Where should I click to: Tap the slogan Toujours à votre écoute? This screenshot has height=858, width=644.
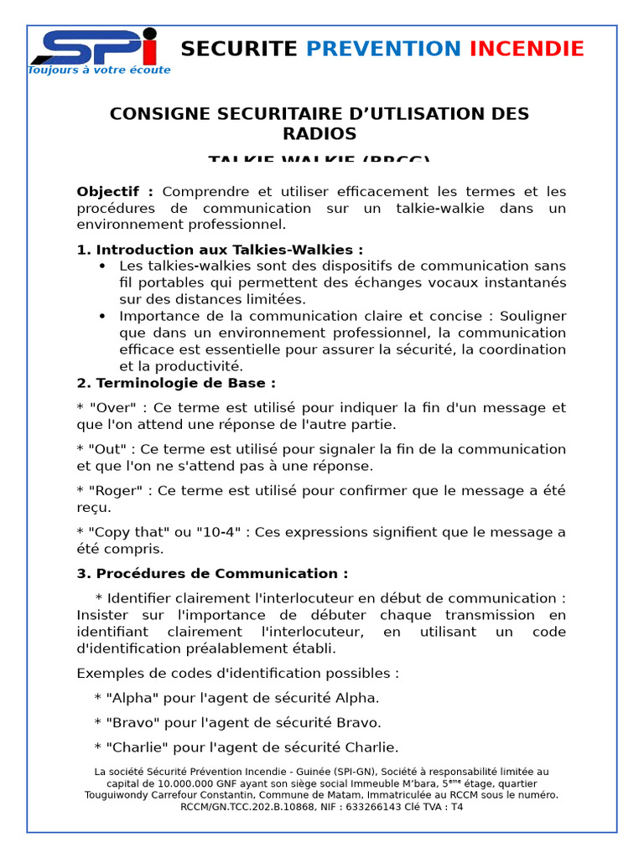pos(99,70)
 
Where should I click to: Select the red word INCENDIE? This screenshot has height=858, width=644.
pos(527,49)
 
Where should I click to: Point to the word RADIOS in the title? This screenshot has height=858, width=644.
pos(319,134)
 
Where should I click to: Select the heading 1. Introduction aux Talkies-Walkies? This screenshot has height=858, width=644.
pos(220,250)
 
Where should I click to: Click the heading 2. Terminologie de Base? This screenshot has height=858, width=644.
pos(176,383)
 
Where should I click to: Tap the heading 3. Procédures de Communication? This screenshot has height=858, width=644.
pos(212,574)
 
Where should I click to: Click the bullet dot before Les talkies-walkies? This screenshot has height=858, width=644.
pos(102,266)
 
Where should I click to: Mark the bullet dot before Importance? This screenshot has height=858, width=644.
pos(102,317)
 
